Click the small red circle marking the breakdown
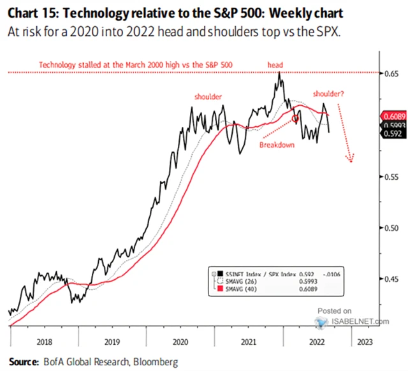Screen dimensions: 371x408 click(295, 118)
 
